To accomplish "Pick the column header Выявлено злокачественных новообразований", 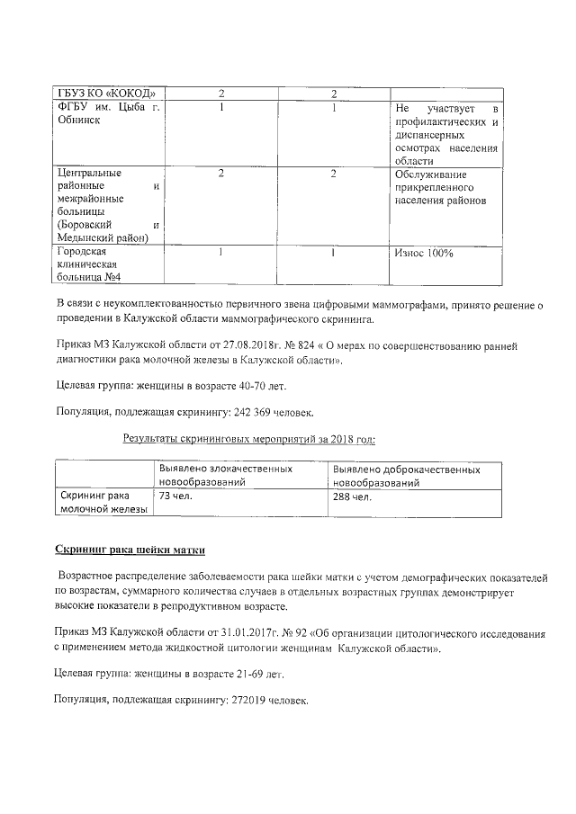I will pyautogui.click(x=225, y=476).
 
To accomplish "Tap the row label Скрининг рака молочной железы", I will pyautogui.click(x=94, y=502).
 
